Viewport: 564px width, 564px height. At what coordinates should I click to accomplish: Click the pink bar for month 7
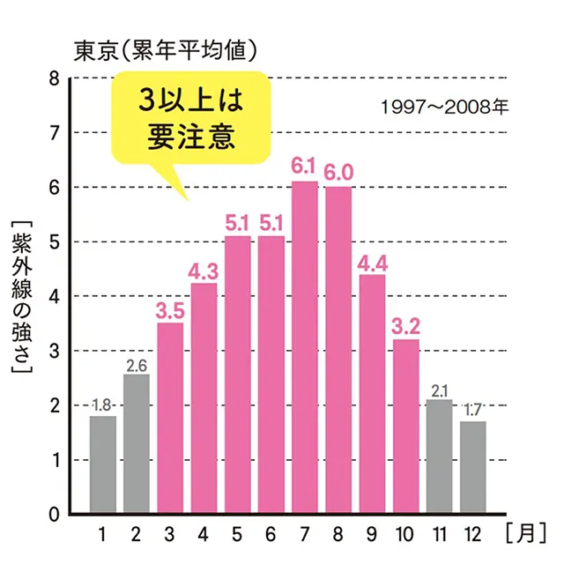point(305,347)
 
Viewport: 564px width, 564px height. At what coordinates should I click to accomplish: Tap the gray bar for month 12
point(472,467)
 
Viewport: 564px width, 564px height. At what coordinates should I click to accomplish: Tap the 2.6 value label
point(137,362)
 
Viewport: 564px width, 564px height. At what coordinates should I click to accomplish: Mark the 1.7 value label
point(472,409)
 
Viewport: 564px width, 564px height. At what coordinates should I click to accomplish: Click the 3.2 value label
point(405,324)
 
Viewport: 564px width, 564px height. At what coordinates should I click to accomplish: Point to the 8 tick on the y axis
point(55,78)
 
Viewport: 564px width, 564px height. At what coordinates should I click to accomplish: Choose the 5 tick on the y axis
point(55,242)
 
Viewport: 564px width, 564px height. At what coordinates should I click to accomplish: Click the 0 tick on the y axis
point(55,514)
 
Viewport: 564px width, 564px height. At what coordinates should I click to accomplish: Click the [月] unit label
point(527,532)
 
